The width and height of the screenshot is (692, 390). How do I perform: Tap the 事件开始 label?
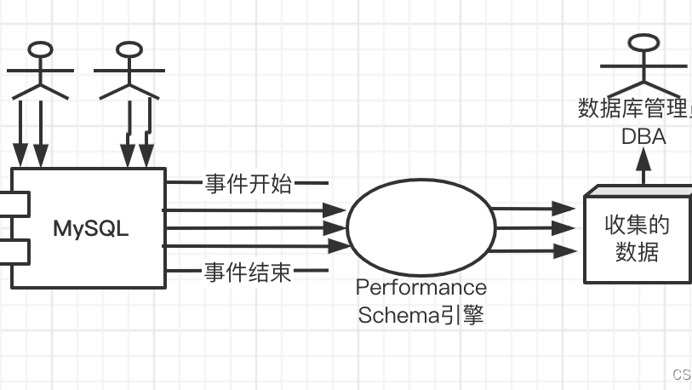pos(248,183)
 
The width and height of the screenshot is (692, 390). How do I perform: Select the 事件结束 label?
pos(248,272)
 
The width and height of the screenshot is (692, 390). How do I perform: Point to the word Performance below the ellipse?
pos(421,287)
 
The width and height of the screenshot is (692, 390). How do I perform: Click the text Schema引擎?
pos(421,314)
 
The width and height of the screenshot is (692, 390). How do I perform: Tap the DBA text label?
pos(643,137)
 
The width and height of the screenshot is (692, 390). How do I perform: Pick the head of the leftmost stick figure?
pos(38,48)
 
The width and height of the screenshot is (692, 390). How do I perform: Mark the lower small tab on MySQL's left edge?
pos(15,251)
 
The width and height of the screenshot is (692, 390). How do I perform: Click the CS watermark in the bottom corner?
pos(681,375)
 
